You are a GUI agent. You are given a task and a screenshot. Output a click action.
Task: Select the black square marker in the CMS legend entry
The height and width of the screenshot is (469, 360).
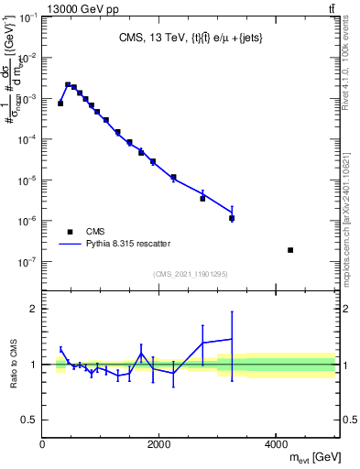pyautogui.click(x=70, y=232)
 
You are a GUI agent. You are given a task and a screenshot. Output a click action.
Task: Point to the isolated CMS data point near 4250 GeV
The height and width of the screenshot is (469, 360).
pyautogui.click(x=290, y=250)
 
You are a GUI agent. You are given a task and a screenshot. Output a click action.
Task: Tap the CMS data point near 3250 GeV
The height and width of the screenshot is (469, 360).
pyautogui.click(x=232, y=218)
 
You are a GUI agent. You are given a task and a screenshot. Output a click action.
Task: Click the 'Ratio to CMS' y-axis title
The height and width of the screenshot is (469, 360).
pyautogui.click(x=15, y=364)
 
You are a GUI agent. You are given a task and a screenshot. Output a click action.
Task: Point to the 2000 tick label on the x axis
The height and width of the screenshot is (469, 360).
pyautogui.click(x=159, y=443)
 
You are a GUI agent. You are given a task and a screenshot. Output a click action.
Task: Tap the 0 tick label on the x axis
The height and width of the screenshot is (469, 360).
pyautogui.click(x=43, y=443)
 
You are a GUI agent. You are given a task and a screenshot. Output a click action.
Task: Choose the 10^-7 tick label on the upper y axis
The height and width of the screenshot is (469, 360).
pyautogui.click(x=28, y=262)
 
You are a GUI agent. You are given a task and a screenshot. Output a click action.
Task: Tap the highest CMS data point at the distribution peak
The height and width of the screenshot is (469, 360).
pyautogui.click(x=68, y=85)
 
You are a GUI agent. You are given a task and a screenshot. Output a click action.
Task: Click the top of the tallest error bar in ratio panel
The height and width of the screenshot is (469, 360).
pyautogui.click(x=232, y=311)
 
